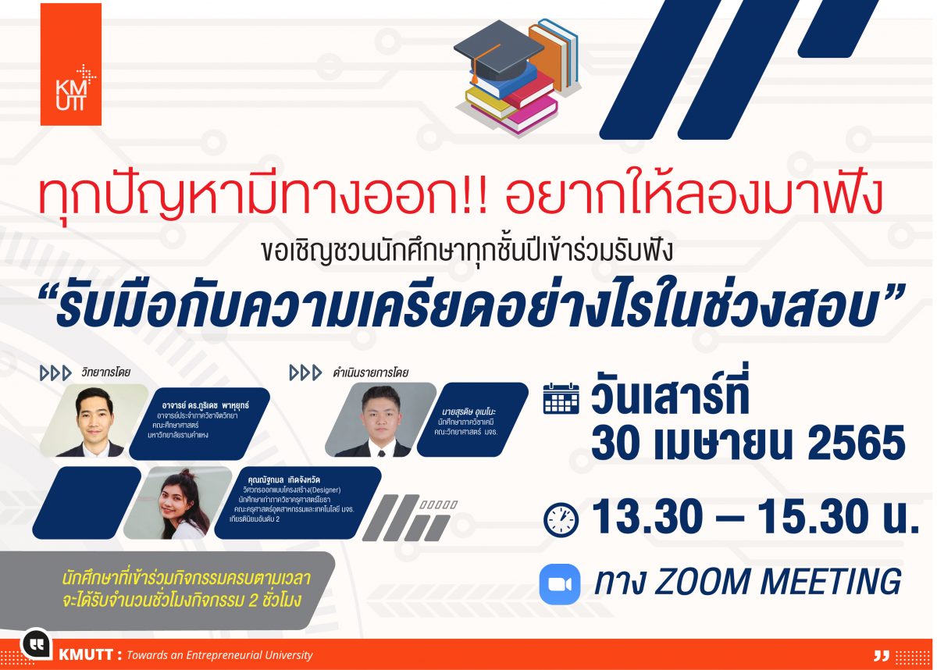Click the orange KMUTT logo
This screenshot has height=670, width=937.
tap(71, 64)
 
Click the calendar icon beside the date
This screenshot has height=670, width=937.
tap(561, 398)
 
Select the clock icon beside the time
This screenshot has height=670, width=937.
tap(561, 519)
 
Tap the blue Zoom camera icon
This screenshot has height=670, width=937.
tap(560, 584)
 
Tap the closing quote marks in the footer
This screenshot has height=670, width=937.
tap(882, 655)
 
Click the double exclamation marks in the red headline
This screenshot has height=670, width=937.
tap(478, 197)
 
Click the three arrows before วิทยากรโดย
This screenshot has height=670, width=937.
tap(55, 373)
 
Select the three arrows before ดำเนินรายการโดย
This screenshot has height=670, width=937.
tap(305, 372)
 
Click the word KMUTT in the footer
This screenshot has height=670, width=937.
tap(86, 655)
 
